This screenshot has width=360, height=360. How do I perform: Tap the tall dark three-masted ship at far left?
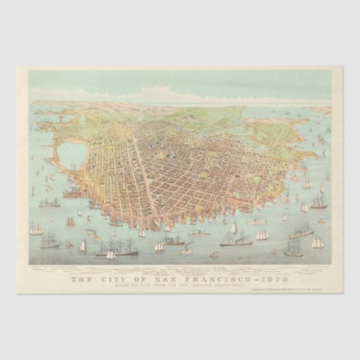coord(50,240)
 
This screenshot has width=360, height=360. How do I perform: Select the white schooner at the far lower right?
coord(317,242)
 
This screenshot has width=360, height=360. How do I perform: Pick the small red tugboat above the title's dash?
coord(214,255)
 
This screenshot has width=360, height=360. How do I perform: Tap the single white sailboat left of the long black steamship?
coord(84,247)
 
